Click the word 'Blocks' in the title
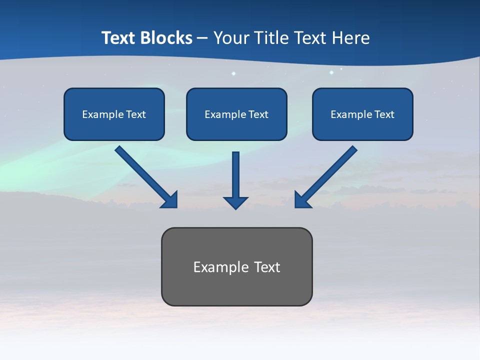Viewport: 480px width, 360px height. (165, 38)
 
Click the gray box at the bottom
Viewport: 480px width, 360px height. (236, 290)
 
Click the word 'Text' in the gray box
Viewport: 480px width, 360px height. (267, 267)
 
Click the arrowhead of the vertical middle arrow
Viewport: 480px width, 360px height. (235, 202)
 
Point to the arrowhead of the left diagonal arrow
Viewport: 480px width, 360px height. (170, 200)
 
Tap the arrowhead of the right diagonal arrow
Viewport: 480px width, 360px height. (301, 200)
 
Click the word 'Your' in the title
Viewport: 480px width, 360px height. (230, 38)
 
